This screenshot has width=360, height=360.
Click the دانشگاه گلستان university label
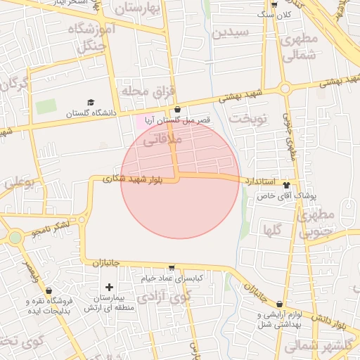[89, 113]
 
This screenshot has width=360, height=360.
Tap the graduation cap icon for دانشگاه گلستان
[90, 103]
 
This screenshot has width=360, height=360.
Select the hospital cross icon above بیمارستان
[109, 287]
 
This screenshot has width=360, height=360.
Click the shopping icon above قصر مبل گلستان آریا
[176, 110]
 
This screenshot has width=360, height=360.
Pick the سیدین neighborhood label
[231, 32]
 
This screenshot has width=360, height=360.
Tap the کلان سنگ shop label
[276, 14]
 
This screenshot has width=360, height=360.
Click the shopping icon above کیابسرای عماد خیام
[172, 268]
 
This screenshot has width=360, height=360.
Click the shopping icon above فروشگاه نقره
[49, 290]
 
